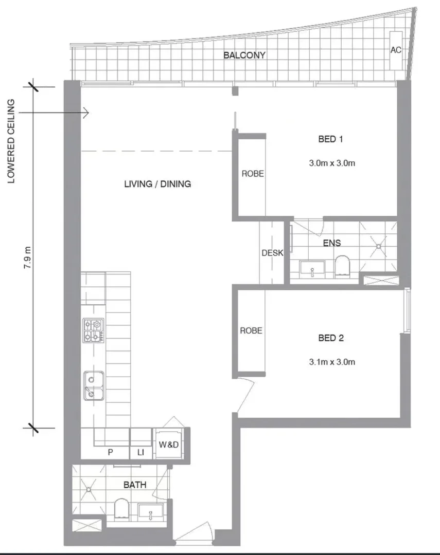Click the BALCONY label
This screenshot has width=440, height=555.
244,55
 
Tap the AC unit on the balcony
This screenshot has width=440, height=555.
395,50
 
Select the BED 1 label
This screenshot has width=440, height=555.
331,139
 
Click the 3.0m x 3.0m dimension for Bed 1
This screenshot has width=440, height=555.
332,163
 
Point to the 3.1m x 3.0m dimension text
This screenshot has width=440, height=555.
332,362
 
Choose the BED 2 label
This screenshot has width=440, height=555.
331,338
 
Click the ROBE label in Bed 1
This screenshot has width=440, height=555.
253,174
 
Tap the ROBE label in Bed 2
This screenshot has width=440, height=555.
251,330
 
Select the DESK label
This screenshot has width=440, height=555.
272,253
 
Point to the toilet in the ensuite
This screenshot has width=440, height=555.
342,267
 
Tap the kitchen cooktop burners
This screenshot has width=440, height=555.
93,330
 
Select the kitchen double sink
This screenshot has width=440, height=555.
94,386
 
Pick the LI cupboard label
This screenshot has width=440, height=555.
140,452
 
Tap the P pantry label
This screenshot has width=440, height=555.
110,452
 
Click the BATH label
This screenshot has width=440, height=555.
135,485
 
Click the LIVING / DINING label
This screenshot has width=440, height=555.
157,183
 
